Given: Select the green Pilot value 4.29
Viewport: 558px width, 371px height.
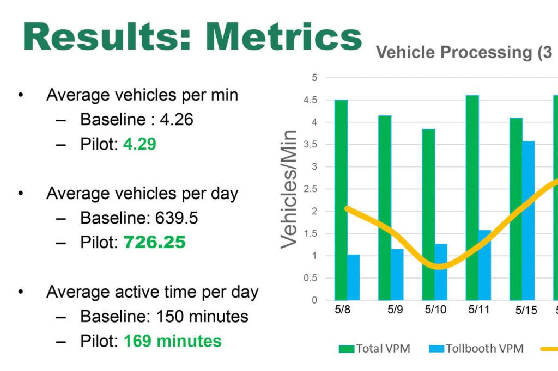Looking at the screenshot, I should (x=139, y=145).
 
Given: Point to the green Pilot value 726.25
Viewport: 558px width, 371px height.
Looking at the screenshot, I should (x=155, y=242).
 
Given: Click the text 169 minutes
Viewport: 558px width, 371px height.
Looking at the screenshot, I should (x=172, y=341).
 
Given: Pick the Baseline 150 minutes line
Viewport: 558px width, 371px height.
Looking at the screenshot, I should (x=164, y=316).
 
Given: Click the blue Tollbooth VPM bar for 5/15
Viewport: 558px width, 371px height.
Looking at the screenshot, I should (x=529, y=220).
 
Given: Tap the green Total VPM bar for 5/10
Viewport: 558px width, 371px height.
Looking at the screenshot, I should (x=428, y=214).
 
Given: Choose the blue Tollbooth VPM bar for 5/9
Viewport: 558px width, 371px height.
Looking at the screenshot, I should (x=397, y=274).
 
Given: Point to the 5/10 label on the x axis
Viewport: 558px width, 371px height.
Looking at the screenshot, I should (x=434, y=310).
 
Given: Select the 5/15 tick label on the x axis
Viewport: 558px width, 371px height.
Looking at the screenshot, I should (x=526, y=311).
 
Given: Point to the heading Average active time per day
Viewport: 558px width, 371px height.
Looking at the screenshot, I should (x=152, y=292).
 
